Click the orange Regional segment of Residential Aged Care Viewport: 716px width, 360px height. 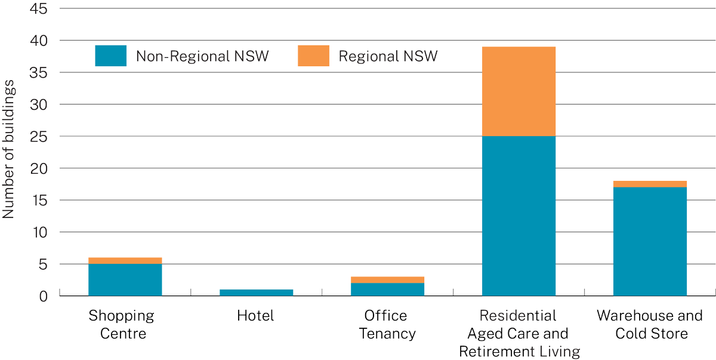(519, 91)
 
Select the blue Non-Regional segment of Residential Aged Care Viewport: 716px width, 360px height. (519, 216)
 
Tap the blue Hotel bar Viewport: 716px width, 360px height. (256, 293)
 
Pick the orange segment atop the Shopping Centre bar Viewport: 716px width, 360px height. (125, 260)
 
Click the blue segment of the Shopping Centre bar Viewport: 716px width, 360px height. (125, 279)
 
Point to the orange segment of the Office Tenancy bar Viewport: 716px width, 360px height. (387, 279)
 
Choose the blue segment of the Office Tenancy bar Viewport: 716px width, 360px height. (387, 289)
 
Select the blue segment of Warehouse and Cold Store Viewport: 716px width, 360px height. (650, 241)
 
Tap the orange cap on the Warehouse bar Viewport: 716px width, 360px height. (650, 184)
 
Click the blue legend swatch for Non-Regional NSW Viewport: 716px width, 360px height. (110, 56)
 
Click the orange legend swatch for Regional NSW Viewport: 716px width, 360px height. (313, 56)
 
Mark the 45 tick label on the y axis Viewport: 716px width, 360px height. (39, 9)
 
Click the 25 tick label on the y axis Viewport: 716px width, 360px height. (39, 136)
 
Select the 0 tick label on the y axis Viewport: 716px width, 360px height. (44, 296)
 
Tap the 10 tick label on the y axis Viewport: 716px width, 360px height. (39, 232)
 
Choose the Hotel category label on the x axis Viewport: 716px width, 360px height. (255, 316)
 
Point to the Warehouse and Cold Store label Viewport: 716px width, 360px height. (650, 324)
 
